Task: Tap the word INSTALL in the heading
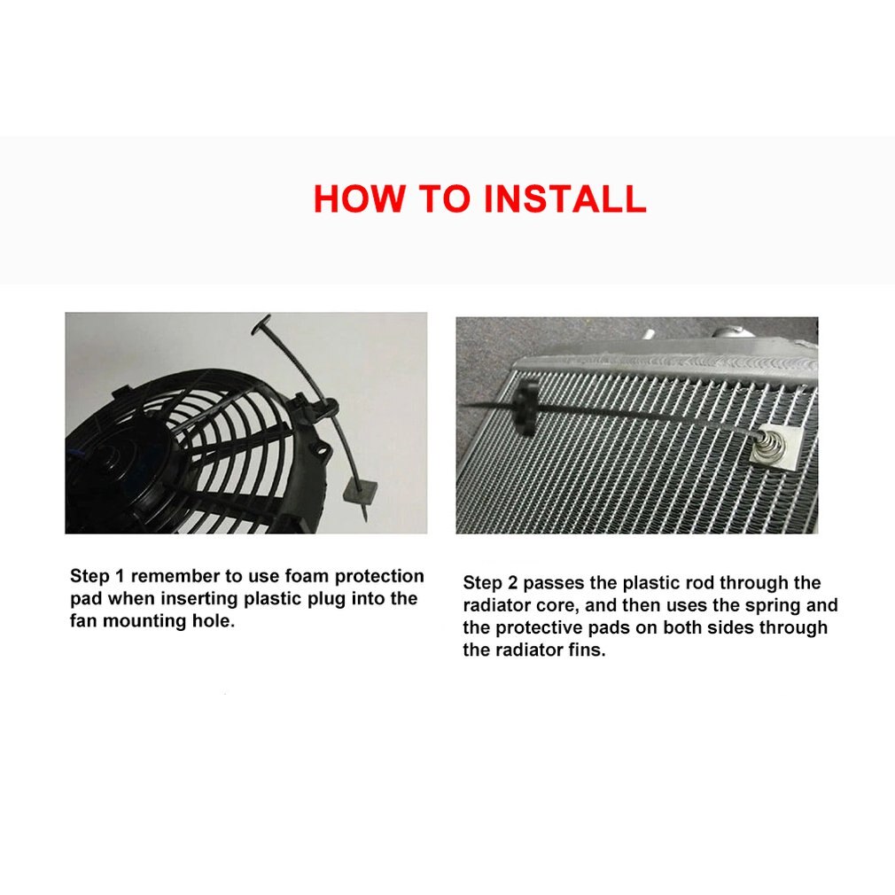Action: (x=564, y=199)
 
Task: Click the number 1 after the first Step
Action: (x=121, y=576)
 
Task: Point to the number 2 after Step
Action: (x=514, y=583)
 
